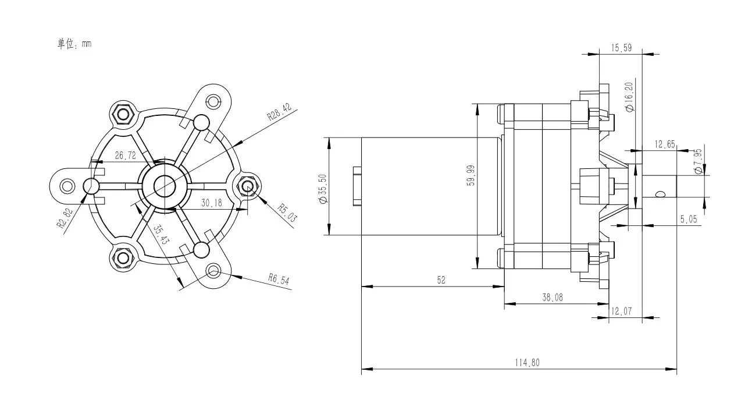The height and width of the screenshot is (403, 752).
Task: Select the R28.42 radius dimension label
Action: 279,112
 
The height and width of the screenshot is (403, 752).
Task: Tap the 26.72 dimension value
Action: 125,155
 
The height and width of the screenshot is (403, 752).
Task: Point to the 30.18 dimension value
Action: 212,203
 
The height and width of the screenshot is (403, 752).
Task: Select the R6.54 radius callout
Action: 279,279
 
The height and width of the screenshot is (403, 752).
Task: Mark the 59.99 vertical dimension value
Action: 470,175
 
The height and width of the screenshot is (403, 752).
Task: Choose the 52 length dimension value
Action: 441,280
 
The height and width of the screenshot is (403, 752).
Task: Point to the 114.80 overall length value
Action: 528,362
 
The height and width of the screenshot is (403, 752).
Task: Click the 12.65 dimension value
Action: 664,144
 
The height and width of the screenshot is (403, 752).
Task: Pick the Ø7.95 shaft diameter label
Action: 698,160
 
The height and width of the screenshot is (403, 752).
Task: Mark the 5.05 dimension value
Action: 689,220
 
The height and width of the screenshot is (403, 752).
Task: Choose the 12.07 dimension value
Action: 622,312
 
